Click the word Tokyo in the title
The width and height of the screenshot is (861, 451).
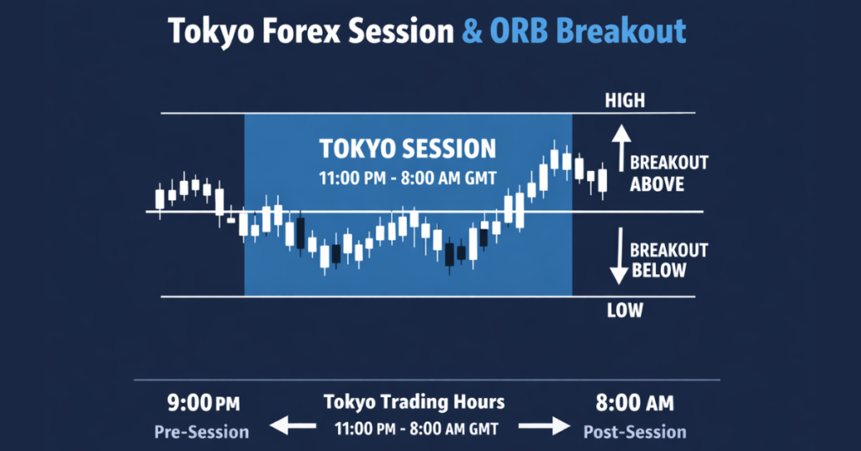click(209, 31)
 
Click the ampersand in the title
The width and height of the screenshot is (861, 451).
click(473, 31)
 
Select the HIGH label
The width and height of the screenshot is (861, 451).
click(624, 101)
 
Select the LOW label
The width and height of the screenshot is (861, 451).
click(624, 310)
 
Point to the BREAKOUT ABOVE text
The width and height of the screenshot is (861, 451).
click(668, 172)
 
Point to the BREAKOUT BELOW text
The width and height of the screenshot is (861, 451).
click(668, 260)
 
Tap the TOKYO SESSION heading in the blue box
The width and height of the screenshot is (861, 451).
click(408, 150)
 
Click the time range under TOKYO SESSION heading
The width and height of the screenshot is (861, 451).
click(408, 178)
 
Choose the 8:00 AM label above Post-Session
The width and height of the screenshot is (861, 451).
click(635, 405)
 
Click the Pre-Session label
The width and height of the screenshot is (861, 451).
click(201, 432)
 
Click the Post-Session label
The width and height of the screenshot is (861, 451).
click(635, 432)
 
